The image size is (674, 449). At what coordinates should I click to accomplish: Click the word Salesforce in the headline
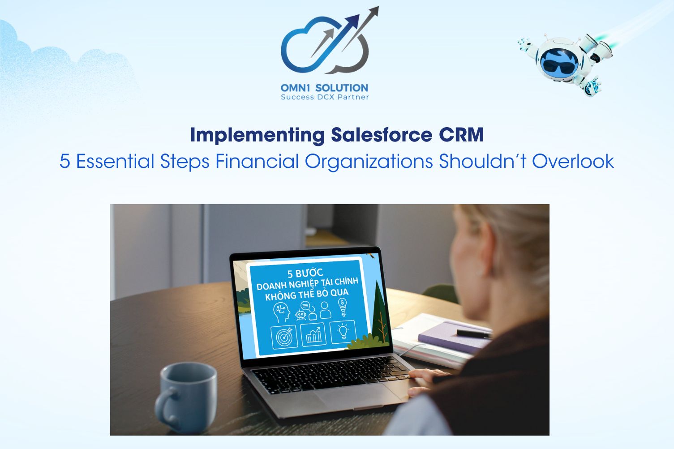[382, 135]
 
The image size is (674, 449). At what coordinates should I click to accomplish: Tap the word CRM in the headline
[461, 135]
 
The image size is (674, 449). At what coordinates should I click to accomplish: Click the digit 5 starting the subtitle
[64, 161]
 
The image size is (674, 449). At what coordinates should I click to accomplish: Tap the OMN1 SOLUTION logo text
[324, 88]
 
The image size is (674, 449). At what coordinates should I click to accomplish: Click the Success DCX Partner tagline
[325, 97]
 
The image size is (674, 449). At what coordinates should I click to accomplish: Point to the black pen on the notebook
[474, 333]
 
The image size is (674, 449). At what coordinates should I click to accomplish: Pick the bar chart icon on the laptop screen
[313, 334]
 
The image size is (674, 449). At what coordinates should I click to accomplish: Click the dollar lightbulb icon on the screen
[343, 307]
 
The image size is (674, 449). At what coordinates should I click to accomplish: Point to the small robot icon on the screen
[301, 315]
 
